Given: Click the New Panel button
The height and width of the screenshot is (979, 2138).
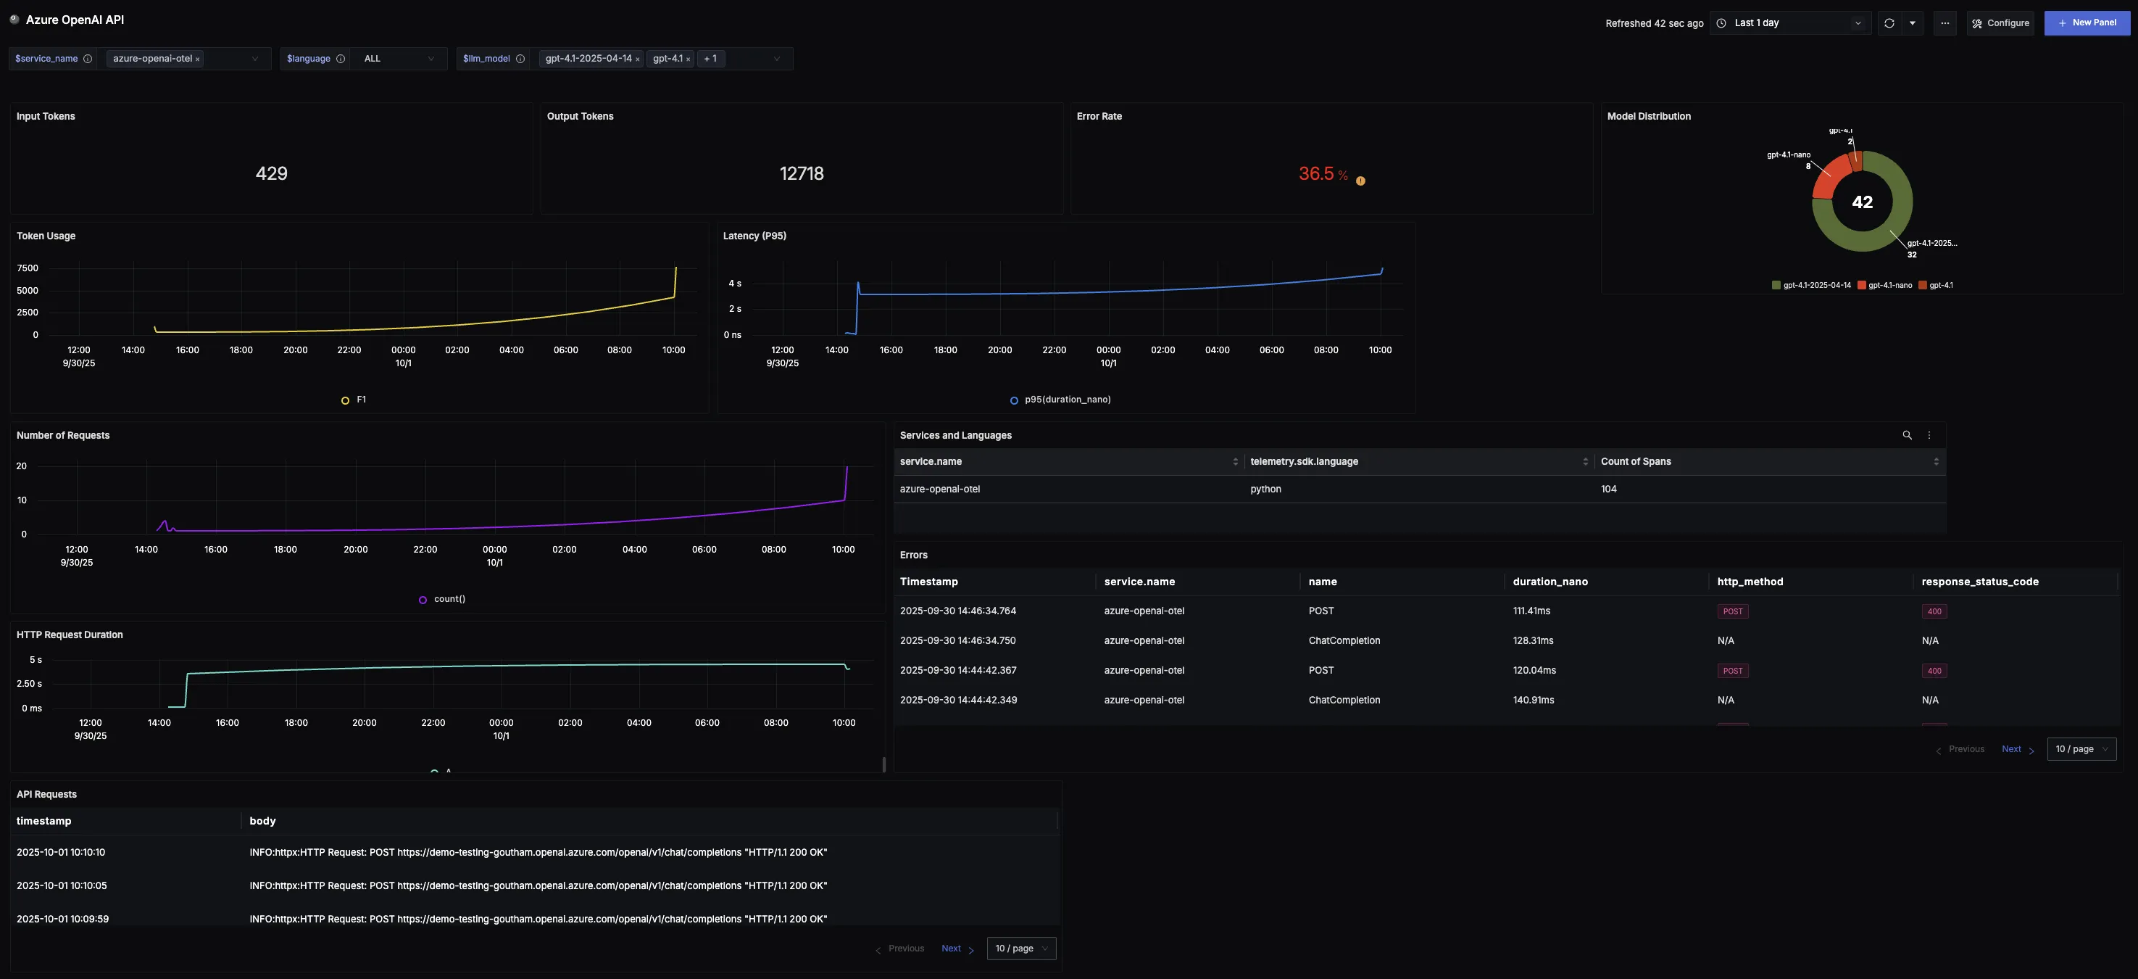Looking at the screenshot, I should (x=2087, y=23).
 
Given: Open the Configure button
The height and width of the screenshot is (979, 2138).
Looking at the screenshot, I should (x=2000, y=23).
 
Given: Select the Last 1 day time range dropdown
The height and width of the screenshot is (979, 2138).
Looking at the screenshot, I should (x=1789, y=23).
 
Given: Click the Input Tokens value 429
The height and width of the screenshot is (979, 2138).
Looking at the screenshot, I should (x=271, y=173).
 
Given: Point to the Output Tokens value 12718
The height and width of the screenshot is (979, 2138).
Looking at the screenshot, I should (x=801, y=173).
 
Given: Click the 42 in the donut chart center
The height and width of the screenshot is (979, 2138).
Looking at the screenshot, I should (x=1862, y=202).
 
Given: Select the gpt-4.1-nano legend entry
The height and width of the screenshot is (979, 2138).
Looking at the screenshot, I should (x=1889, y=286).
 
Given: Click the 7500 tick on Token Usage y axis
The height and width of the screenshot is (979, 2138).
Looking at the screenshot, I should (x=28, y=268).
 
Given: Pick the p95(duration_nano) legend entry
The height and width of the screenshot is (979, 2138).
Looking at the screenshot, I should (x=1067, y=400).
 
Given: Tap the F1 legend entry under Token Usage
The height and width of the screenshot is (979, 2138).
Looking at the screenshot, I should (x=360, y=400).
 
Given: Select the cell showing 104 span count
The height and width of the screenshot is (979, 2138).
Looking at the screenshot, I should (x=1608, y=489).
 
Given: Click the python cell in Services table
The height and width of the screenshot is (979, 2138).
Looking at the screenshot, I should (x=1265, y=489).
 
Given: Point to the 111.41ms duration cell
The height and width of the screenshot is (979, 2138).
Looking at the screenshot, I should (x=1531, y=611).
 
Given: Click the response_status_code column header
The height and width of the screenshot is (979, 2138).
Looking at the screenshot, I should (x=1979, y=582).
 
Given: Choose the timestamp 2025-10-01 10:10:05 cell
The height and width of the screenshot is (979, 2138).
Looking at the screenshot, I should (x=62, y=886).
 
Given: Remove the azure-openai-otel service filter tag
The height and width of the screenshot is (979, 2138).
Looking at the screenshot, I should (x=198, y=59).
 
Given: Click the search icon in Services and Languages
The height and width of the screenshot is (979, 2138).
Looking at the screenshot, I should (x=1906, y=435).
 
